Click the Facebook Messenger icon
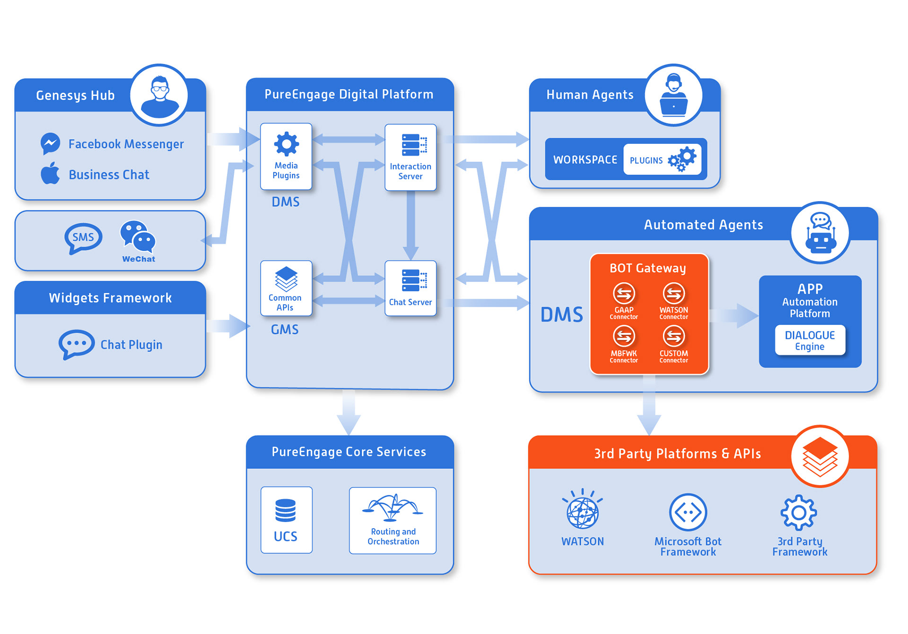pyautogui.click(x=50, y=143)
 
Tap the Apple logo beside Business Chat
pyautogui.click(x=50, y=173)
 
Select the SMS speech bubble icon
pyautogui.click(x=83, y=238)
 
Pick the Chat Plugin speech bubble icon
pyautogui.click(x=76, y=343)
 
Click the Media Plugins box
pyautogui.click(x=286, y=157)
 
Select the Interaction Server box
pyautogui.click(x=410, y=158)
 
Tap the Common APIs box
pyautogui.click(x=286, y=288)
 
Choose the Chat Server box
pyautogui.click(x=410, y=288)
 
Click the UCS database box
pyautogui.click(x=286, y=520)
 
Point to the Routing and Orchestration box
pyautogui.click(x=393, y=520)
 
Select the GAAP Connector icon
pyautogui.click(x=624, y=294)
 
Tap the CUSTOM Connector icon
pyautogui.click(x=673, y=337)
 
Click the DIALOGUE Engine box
pyautogui.click(x=810, y=340)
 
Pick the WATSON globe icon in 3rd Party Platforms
pyautogui.click(x=583, y=512)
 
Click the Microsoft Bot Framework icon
pyautogui.click(x=688, y=512)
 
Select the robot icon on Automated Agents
pyautogui.click(x=820, y=233)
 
